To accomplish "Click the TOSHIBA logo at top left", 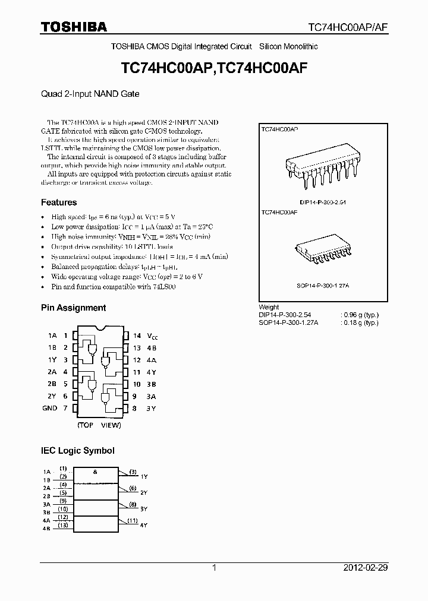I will [x=74, y=27].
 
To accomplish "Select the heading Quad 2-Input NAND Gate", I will [x=90, y=94].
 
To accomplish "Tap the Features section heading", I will [x=59, y=203].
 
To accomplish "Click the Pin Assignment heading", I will [x=73, y=308].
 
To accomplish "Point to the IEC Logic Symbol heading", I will [x=77, y=451].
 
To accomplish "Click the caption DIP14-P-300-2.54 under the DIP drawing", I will [x=323, y=203].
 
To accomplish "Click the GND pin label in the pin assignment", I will [x=50, y=408].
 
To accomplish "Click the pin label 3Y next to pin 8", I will [x=152, y=408].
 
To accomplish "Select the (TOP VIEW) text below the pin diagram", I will [x=99, y=425].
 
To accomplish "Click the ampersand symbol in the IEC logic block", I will [x=95, y=471].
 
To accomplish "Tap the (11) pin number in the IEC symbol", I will [x=133, y=520].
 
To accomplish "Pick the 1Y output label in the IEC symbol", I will [x=144, y=476].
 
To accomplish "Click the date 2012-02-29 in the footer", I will [x=365, y=568].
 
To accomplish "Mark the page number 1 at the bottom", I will [x=214, y=568].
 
